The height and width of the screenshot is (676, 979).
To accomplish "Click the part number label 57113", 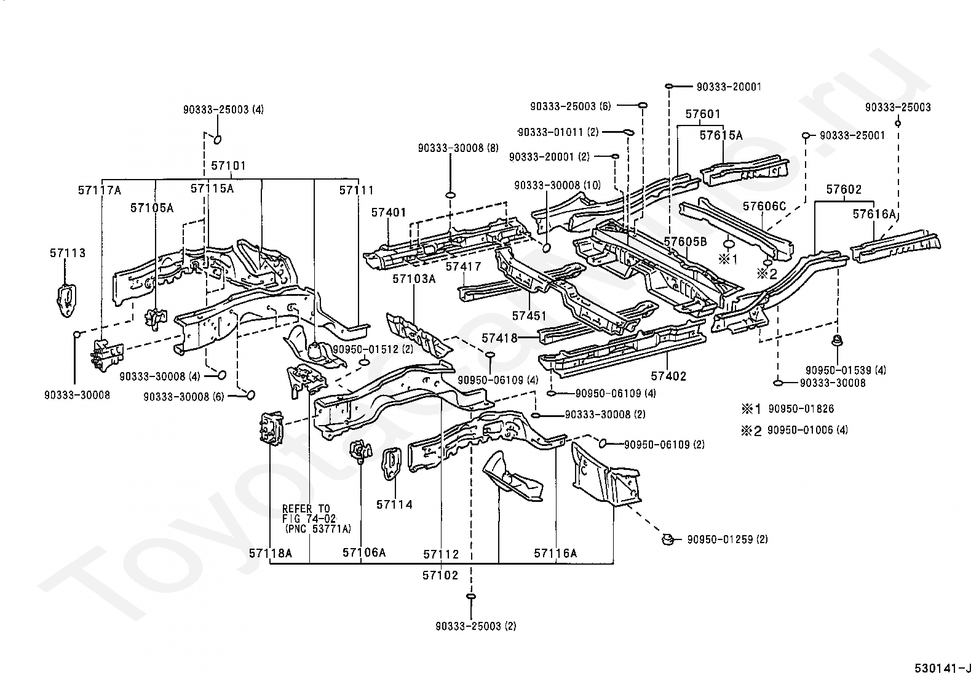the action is point(68,253).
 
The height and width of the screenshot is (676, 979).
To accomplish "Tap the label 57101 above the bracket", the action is point(229,165).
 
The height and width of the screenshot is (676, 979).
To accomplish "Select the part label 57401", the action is point(389,212).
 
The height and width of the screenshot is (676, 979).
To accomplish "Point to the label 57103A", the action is point(414,279).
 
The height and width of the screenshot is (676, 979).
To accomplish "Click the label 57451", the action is point(529,316).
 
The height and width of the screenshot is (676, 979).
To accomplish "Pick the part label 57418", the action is point(499,338).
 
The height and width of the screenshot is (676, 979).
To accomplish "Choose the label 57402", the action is point(668,376).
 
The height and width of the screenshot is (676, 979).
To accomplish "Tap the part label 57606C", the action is point(764,206).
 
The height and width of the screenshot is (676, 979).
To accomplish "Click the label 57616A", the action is point(874,214).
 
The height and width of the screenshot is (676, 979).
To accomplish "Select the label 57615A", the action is point(721,135).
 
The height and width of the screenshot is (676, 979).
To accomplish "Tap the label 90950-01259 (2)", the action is point(727,539).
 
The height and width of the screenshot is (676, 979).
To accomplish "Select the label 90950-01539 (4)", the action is point(846,370).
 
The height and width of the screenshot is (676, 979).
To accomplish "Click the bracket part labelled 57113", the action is point(66,300).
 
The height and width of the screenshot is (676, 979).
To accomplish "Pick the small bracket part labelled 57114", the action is point(392,464).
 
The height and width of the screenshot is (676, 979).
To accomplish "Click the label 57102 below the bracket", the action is point(440,576).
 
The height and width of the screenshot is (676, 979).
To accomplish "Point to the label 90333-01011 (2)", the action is point(558,132).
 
